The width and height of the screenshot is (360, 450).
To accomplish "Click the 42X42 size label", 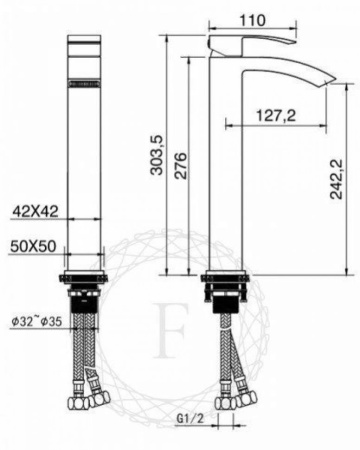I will (x=34, y=211).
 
